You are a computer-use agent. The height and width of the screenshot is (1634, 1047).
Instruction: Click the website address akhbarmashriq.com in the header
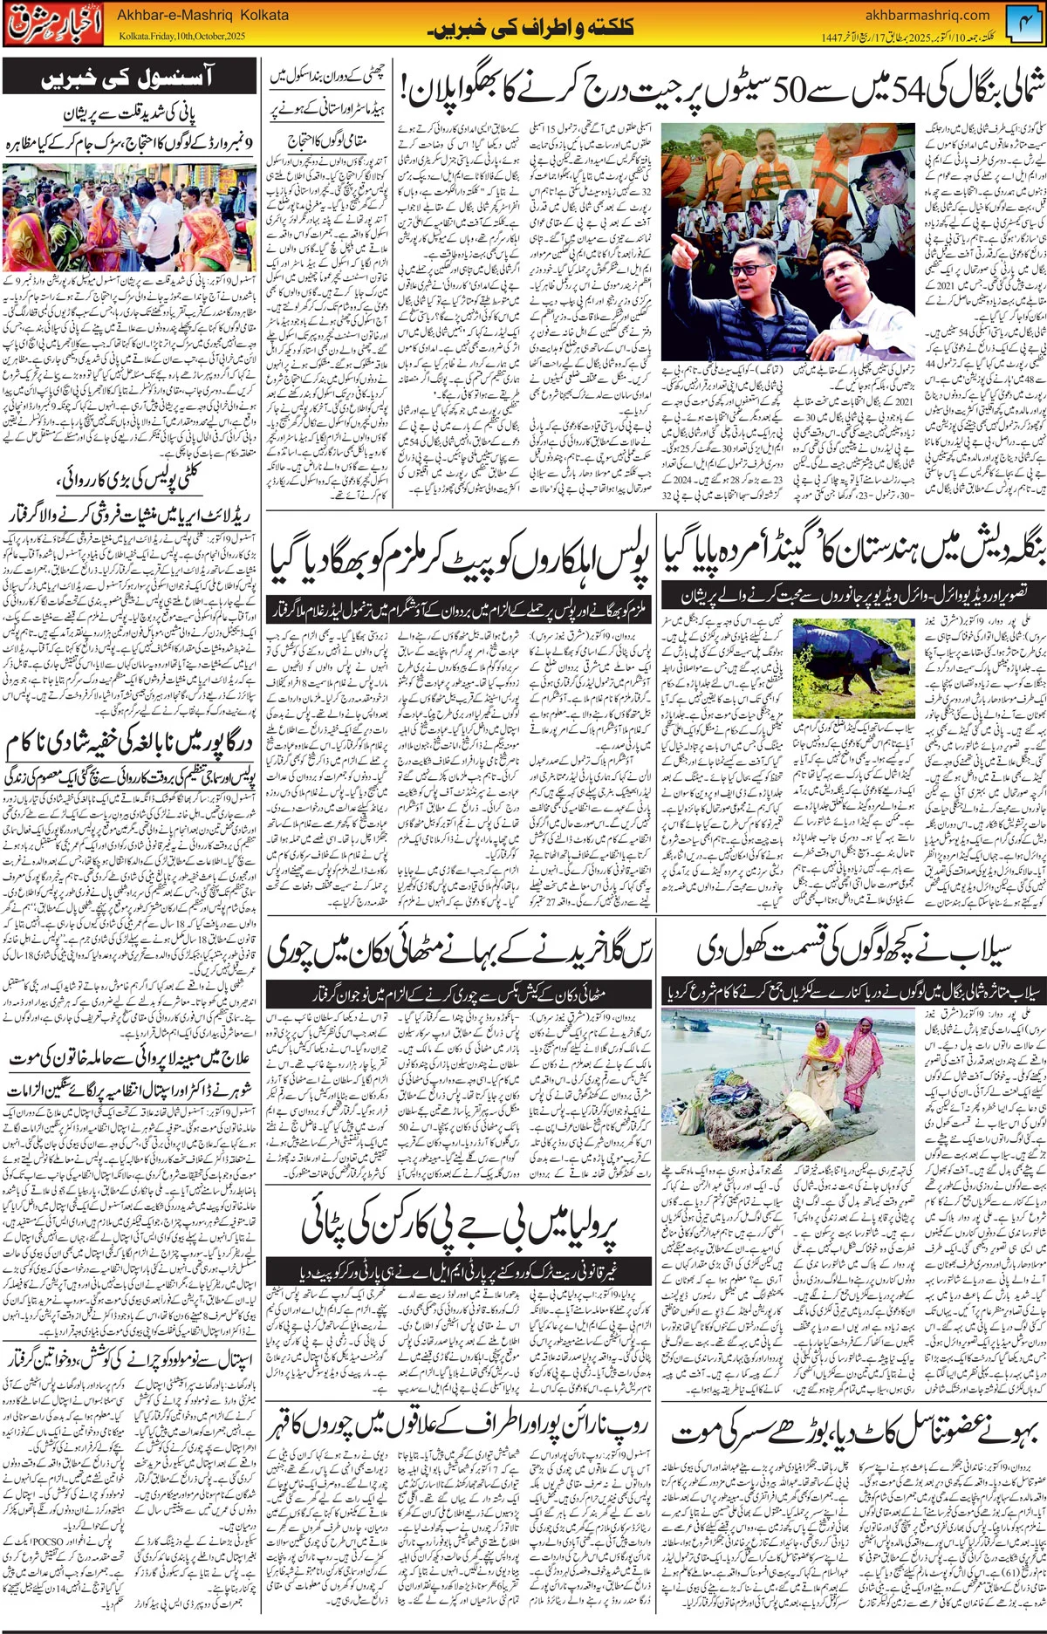pyautogui.click(x=927, y=14)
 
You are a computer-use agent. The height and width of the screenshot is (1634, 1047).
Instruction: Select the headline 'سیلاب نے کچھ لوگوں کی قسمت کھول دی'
pyautogui.click(x=854, y=952)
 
